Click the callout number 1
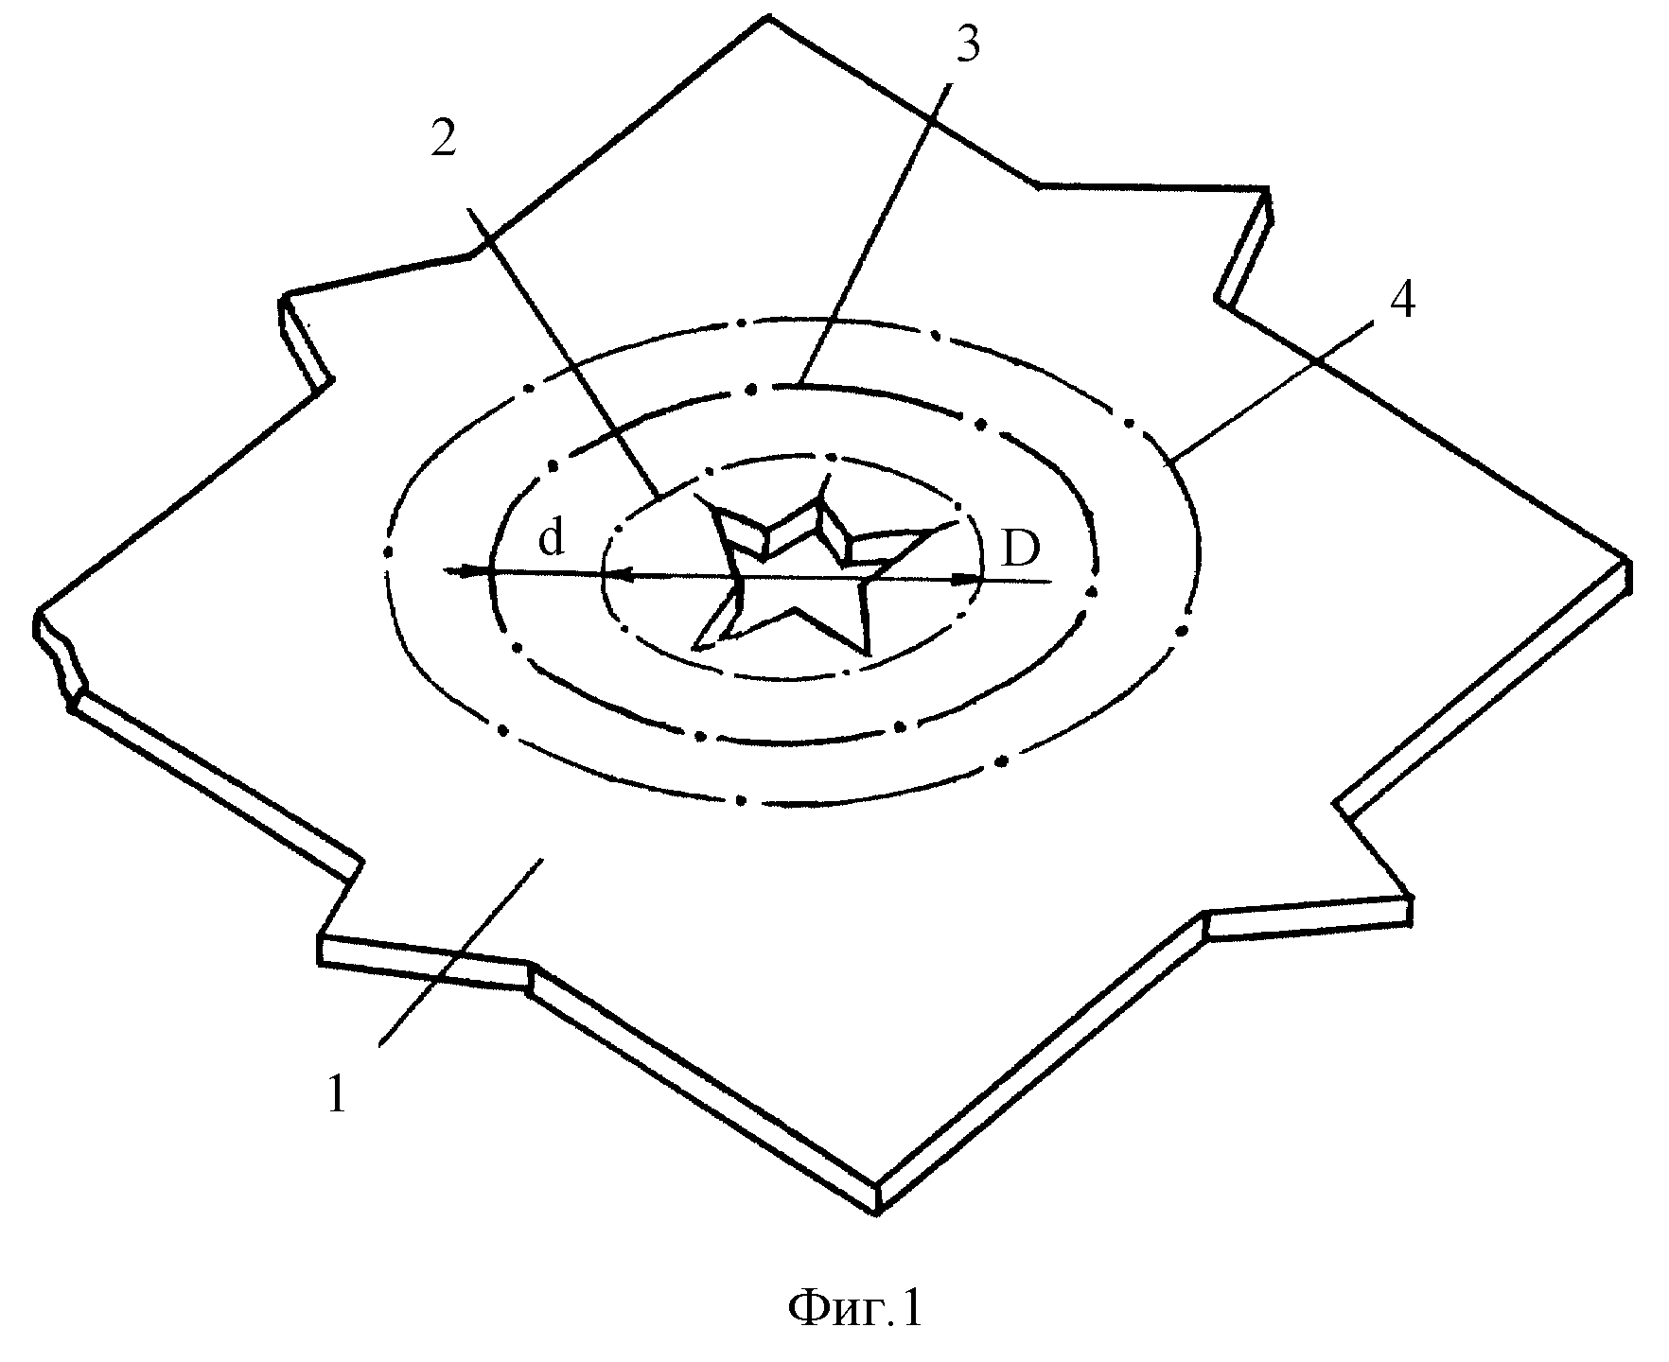coord(338,1096)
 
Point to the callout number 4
coord(1401,300)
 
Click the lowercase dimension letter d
coord(551,539)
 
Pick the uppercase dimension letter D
coord(1020,548)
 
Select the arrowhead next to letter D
coord(967,580)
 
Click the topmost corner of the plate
coord(766,16)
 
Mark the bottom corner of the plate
coord(879,1212)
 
